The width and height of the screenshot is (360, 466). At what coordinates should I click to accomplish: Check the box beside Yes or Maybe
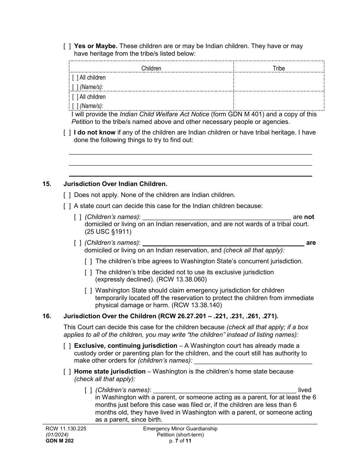point(67,46)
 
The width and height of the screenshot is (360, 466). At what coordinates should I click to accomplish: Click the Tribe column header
point(279,68)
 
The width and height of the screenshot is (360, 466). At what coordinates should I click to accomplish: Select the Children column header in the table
point(151,68)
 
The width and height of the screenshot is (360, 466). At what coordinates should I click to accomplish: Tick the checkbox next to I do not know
point(67,133)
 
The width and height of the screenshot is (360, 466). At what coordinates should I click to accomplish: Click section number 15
point(47,184)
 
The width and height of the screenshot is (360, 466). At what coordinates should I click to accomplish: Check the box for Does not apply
point(67,195)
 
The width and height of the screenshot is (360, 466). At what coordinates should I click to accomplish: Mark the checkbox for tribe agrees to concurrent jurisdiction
point(88,261)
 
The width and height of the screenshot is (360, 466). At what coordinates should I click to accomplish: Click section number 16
point(47,316)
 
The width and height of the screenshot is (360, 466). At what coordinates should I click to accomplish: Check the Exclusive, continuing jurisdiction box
point(67,346)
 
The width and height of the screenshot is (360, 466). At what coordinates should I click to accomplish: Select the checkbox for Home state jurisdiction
point(67,372)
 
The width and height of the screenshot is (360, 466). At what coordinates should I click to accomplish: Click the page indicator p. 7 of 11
point(180,441)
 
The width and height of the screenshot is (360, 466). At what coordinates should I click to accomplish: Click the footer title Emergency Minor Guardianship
point(180,429)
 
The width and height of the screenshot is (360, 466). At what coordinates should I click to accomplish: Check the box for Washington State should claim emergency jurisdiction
point(88,291)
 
